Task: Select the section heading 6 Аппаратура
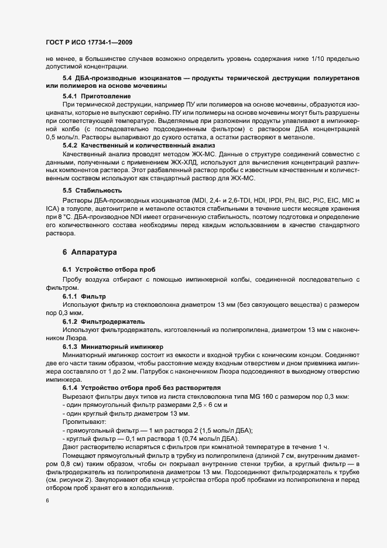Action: [90, 252]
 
